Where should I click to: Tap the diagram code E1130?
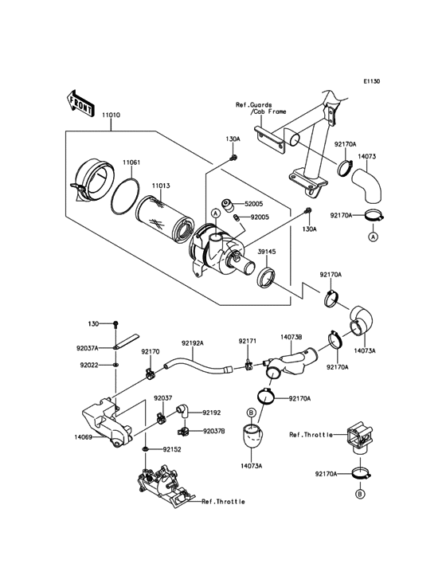(372, 81)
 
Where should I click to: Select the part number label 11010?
(111, 116)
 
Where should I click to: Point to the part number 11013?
(162, 186)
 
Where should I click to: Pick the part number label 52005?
(254, 204)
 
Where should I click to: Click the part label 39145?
(266, 252)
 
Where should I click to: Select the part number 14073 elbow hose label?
(367, 158)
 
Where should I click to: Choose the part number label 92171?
(248, 341)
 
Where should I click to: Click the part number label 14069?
(88, 437)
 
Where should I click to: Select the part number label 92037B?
(213, 431)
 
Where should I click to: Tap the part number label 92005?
(260, 217)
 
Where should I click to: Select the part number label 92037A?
(88, 348)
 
